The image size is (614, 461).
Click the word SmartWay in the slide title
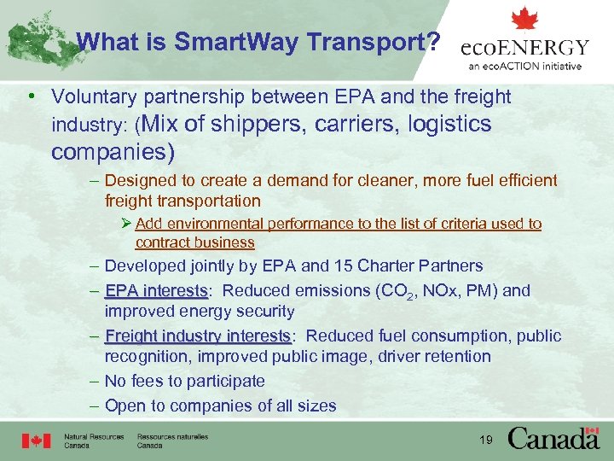tap(232, 41)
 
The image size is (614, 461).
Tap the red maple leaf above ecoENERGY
tap(524, 19)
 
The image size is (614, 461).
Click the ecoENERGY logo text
tap(524, 48)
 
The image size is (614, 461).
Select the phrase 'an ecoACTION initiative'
tap(524, 67)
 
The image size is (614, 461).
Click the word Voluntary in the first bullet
tap(90, 97)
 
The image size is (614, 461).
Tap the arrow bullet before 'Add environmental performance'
tap(126, 224)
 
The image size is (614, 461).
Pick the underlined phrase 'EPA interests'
tap(155, 290)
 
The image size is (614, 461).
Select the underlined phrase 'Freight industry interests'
tap(198, 336)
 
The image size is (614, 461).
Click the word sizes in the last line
tap(317, 406)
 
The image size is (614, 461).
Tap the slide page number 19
tap(487, 441)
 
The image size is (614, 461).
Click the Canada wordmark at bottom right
tap(553, 439)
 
